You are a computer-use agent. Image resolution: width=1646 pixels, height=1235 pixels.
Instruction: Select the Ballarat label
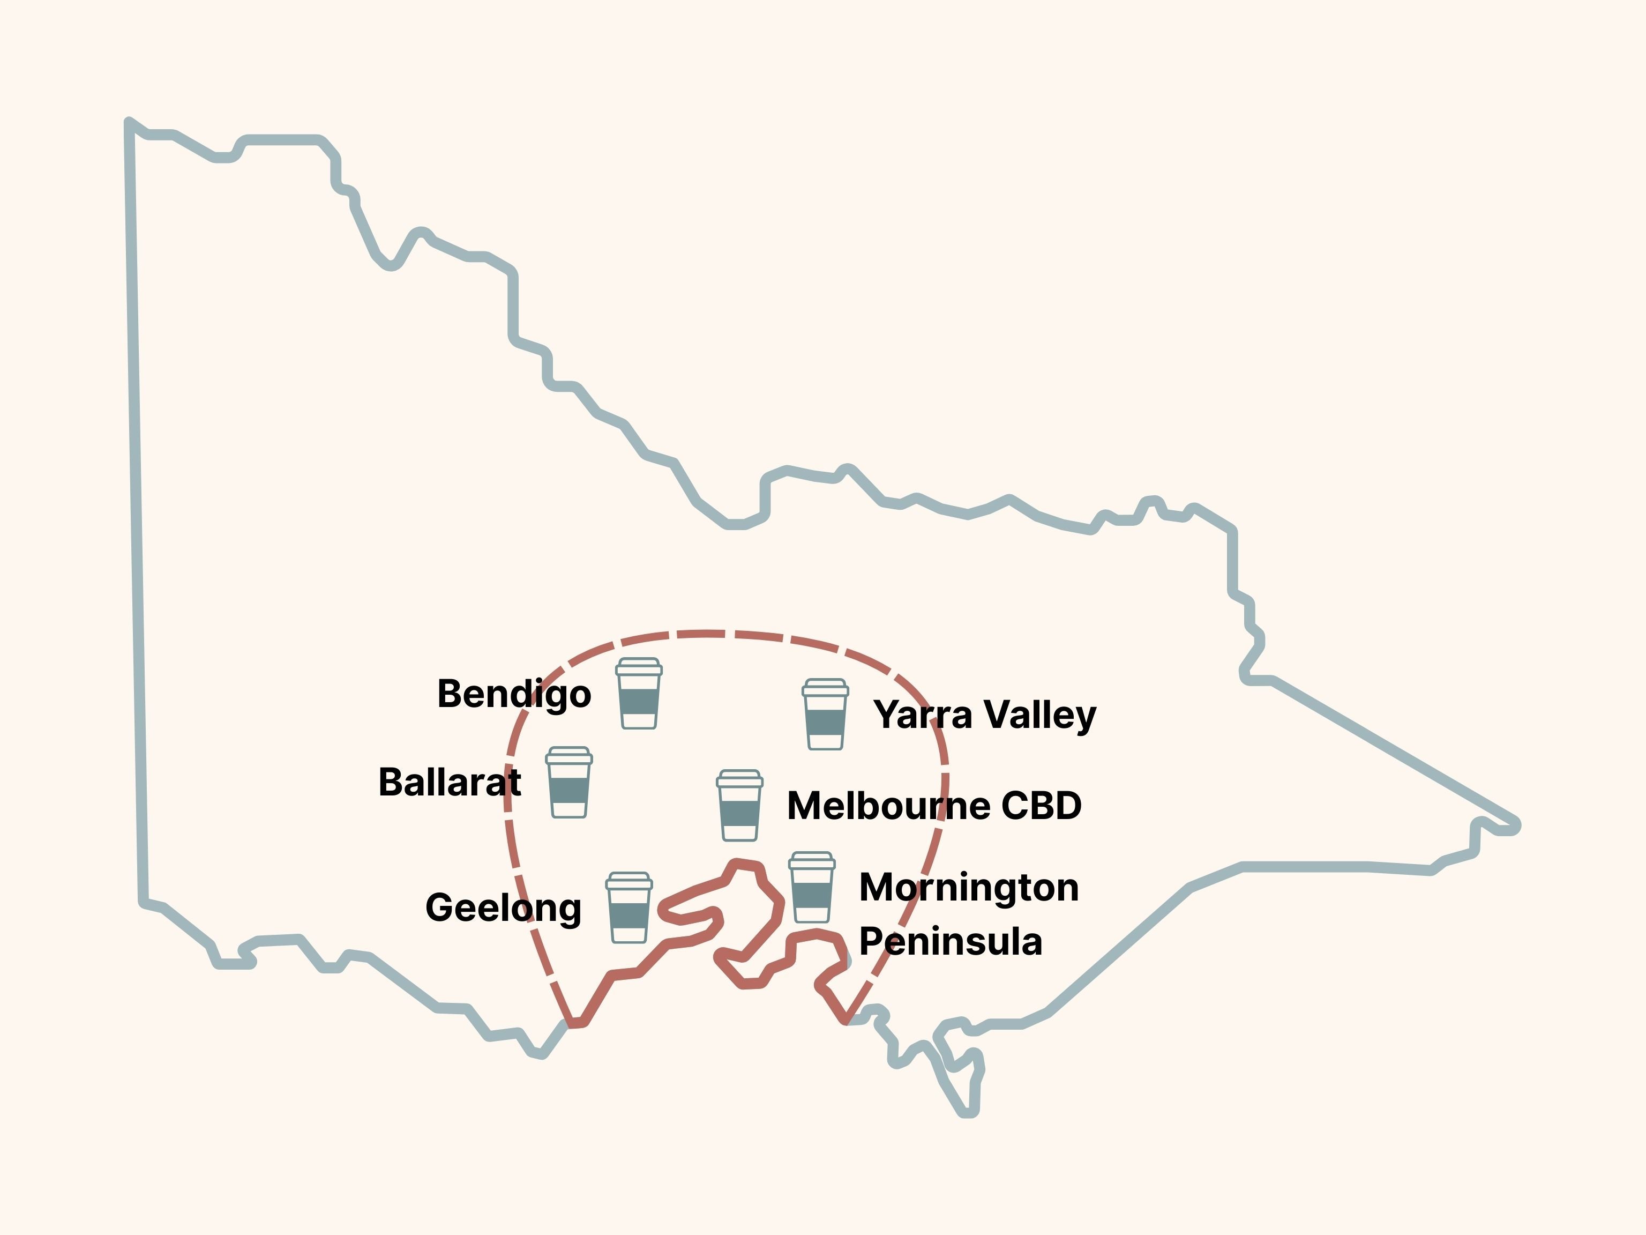coord(450,783)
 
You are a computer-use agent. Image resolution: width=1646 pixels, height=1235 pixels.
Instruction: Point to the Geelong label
coord(503,908)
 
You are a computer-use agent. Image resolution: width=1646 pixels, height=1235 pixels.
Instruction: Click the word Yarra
coord(923,715)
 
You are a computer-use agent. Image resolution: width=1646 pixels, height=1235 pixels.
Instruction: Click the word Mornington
coord(968,887)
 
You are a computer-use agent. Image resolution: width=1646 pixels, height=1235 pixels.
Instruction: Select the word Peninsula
coord(950,942)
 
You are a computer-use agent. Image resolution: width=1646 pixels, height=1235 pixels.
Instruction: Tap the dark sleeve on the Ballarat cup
coord(568,790)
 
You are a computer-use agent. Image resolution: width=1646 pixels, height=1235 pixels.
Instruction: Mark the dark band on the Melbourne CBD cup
coord(739,813)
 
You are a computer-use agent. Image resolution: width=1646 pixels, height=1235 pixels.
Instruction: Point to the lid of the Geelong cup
coord(629,881)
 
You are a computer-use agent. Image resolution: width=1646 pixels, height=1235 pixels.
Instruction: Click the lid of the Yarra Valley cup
coord(825,687)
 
